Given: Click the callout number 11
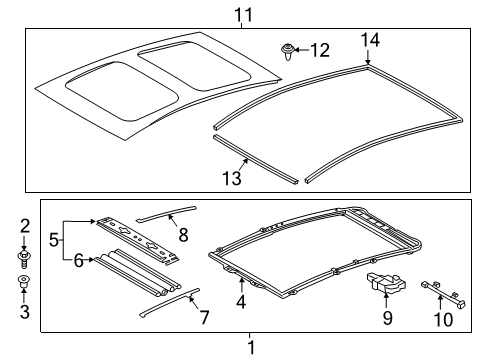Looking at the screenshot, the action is point(243,15).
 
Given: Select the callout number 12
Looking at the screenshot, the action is point(320,50).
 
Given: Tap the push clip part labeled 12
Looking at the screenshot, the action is point(287,52).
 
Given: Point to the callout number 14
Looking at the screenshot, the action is point(370,40).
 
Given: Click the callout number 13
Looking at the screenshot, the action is point(232,178).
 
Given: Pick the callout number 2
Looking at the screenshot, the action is point(25,226).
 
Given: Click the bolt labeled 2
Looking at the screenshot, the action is point(24,259).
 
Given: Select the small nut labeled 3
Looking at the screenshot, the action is point(23,282).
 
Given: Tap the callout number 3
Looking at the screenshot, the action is point(25,312).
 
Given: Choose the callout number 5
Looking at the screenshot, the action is point(54,240).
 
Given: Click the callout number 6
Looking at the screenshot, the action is point(79,260).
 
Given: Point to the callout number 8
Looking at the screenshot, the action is point(184,235).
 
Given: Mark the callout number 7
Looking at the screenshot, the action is point(204,317).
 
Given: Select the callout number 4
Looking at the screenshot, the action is point(241,302).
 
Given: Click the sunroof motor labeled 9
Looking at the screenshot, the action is point(386,282).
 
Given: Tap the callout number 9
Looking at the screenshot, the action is point(387,318).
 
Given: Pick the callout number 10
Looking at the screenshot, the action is point(443,319).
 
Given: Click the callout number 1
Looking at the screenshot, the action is point(252,348).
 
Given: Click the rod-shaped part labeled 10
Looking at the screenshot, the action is point(443,294).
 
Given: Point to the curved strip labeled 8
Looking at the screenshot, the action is point(166,213).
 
